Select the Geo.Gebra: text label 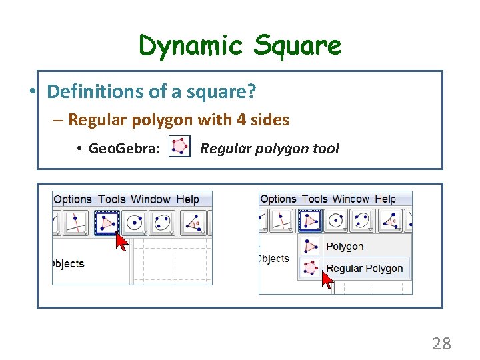click(x=125, y=148)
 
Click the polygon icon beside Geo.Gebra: click(x=179, y=147)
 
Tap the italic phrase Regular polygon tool click(x=269, y=148)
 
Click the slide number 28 click(x=441, y=343)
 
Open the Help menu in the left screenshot click(x=187, y=199)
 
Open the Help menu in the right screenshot click(x=385, y=199)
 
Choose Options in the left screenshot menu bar click(x=72, y=199)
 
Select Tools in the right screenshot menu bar click(x=315, y=199)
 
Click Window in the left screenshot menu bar click(x=151, y=199)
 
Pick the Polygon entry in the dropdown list click(x=345, y=247)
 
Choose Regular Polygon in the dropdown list click(x=364, y=269)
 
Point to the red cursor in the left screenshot click(x=121, y=241)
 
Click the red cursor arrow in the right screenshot click(x=327, y=278)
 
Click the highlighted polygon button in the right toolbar click(x=309, y=221)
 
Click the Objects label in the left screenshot click(x=68, y=263)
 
